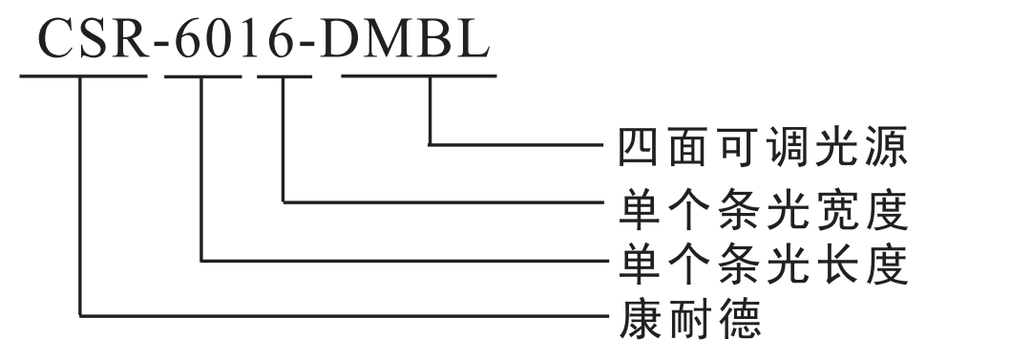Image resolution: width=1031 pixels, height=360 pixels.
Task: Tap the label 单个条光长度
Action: (x=760, y=260)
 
